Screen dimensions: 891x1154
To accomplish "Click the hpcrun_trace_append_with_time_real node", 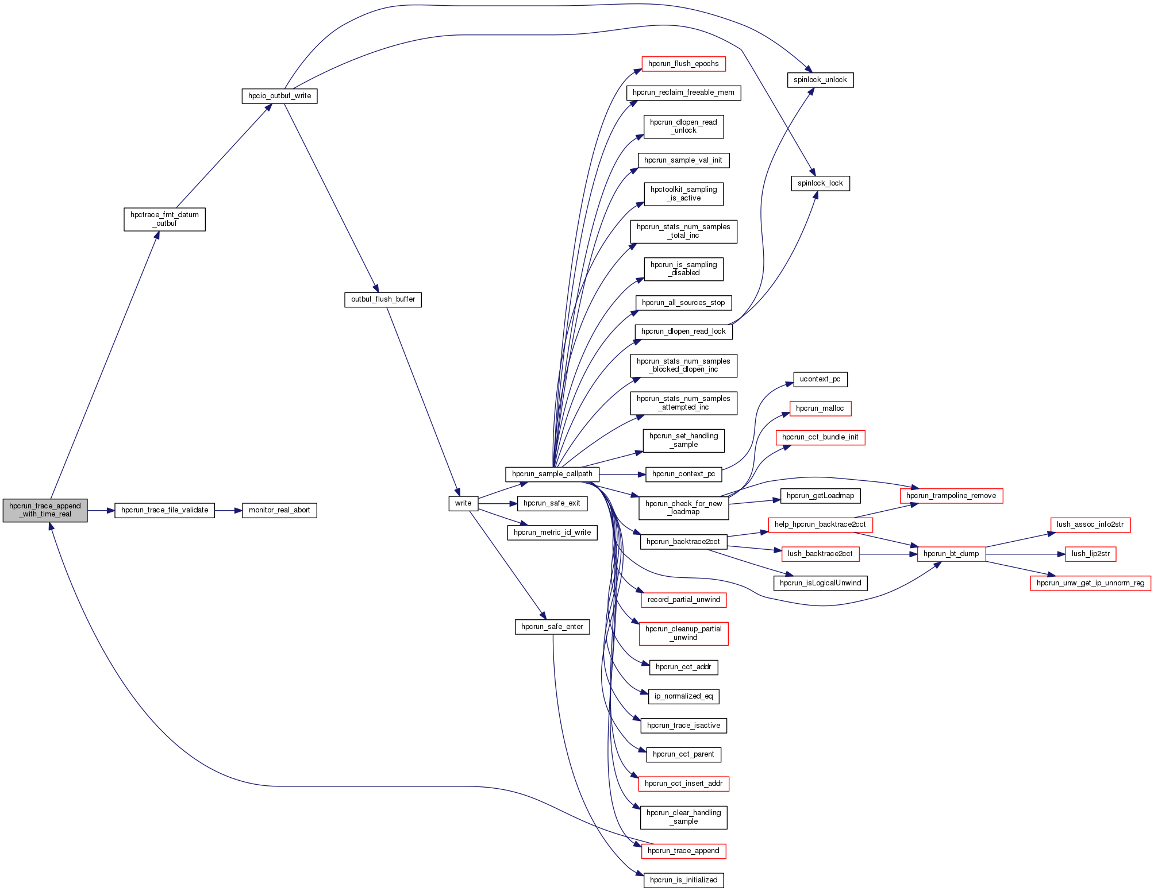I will [45, 510].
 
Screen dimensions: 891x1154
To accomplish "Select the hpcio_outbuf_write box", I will [279, 96].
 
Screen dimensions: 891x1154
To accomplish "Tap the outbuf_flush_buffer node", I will [383, 299].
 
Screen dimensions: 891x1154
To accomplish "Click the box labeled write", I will [463, 503].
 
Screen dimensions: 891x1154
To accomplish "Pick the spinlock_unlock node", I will [820, 80].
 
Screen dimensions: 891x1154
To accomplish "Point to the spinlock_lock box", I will [820, 183].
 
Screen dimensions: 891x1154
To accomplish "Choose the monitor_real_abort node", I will [279, 510].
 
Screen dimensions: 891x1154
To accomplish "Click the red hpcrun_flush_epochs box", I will [683, 64].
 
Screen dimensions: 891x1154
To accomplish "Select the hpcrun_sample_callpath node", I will [552, 474].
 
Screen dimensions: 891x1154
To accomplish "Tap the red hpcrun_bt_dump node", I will [951, 554].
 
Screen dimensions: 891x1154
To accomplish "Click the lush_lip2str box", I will [1090, 554].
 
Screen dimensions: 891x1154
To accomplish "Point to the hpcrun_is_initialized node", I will [683, 880].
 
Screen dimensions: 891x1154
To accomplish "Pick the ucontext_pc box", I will [820, 379].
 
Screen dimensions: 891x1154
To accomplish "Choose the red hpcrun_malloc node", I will [820, 408].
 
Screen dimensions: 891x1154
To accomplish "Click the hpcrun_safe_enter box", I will [552, 627].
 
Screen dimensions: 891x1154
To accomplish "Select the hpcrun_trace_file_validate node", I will [164, 510].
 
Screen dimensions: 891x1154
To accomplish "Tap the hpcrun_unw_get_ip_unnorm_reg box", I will [1090, 583].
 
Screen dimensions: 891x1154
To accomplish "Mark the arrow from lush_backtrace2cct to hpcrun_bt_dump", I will [888, 554].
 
